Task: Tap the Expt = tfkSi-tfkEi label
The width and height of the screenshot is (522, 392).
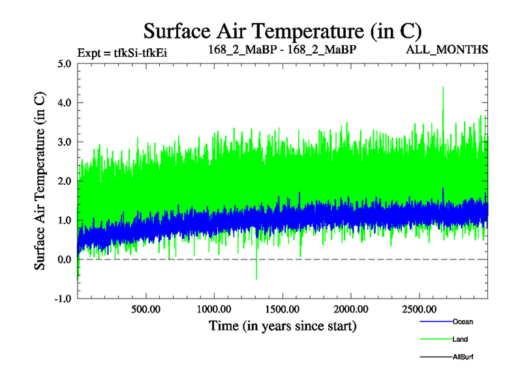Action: [x=122, y=53]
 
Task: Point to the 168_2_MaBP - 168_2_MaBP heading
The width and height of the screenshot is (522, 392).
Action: [x=282, y=50]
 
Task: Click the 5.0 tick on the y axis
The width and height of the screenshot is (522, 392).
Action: [x=64, y=64]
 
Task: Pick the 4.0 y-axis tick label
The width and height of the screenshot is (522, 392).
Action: [x=64, y=103]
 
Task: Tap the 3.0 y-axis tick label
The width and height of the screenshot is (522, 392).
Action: [x=64, y=142]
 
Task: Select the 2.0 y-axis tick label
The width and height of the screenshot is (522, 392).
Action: [x=64, y=182]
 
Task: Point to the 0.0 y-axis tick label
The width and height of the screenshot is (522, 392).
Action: [x=64, y=260]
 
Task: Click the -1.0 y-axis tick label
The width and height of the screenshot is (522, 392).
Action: [x=63, y=299]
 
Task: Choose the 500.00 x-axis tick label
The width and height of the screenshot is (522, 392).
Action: [x=146, y=309]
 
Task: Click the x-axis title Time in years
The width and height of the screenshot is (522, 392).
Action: [x=283, y=325]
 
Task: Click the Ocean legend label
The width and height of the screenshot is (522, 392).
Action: [x=463, y=322]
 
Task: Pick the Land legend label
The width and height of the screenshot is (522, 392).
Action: [x=459, y=340]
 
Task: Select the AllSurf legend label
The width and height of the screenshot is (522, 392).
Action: [x=463, y=357]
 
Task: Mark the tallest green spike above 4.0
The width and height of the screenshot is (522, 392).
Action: [x=443, y=89]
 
